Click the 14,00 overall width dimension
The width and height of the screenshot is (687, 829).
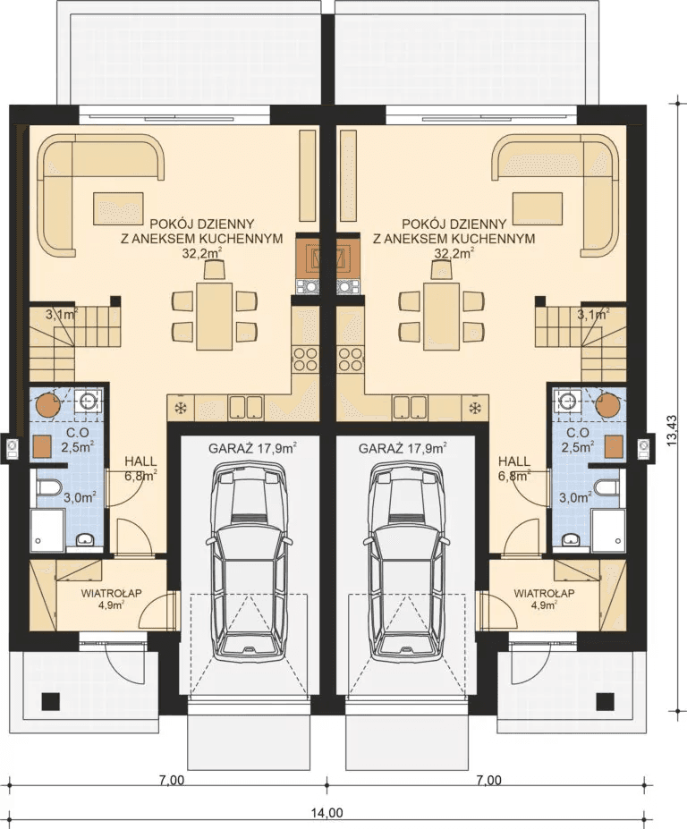[x=327, y=813]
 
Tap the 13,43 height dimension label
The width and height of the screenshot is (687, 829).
[x=672, y=431]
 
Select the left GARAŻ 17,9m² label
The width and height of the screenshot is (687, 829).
[x=252, y=449]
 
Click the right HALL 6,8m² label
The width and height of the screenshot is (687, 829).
[x=514, y=469]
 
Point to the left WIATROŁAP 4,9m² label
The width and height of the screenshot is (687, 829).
[x=111, y=599]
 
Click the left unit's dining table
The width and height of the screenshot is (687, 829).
[x=214, y=317]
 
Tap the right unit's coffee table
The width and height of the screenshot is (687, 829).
[x=537, y=207]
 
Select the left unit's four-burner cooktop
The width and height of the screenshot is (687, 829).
[x=305, y=359]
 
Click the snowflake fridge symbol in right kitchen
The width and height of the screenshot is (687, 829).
[x=475, y=408]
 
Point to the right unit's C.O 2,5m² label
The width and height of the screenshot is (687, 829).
[x=578, y=440]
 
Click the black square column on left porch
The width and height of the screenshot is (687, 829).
[x=51, y=701]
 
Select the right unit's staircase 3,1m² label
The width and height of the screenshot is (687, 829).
[x=593, y=316]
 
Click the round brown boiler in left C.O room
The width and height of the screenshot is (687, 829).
[x=48, y=404]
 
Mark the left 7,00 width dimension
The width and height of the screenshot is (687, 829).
[x=173, y=781]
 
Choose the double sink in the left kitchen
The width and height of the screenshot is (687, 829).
[x=246, y=408]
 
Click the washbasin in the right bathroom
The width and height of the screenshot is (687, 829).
[x=570, y=540]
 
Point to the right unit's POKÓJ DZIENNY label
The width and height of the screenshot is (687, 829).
[x=454, y=224]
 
